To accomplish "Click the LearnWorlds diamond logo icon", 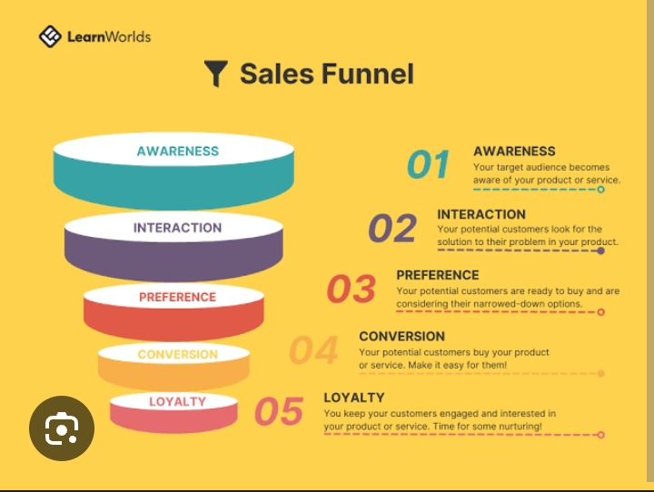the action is click(50, 36).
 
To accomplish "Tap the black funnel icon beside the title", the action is click(215, 74).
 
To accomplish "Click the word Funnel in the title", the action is click(368, 74).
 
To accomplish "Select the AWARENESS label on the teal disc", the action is click(178, 151).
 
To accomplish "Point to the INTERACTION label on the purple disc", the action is click(177, 228).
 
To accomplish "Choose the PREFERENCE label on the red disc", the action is click(177, 297).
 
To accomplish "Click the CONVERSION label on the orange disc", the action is click(178, 354).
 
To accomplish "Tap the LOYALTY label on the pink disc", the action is click(178, 401).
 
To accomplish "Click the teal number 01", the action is click(428, 164).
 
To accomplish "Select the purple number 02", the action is click(392, 228).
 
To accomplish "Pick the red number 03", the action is click(352, 289).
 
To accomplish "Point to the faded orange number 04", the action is click(313, 350).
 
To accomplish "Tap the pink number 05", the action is click(279, 411).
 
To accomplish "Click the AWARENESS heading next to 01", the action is click(514, 151).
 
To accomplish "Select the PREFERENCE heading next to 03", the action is click(438, 275).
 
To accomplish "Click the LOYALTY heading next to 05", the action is click(354, 398).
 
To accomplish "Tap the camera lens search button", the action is click(62, 428).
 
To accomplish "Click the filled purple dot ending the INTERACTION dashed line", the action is click(600, 251).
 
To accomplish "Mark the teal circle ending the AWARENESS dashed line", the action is click(600, 190).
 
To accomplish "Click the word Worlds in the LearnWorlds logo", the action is click(128, 36).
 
